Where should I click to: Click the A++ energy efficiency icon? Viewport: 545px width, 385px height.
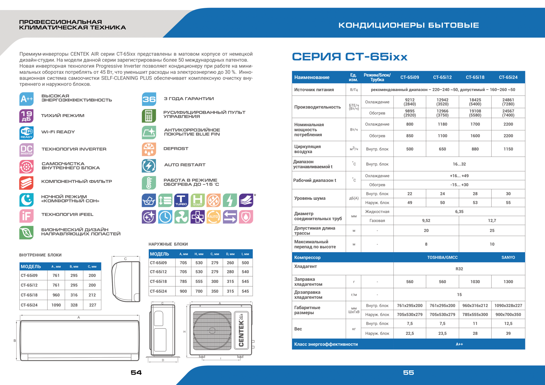click(x=26, y=99)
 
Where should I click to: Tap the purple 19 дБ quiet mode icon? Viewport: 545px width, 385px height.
click(x=26, y=116)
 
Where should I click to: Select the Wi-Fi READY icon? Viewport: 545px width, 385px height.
click(x=26, y=133)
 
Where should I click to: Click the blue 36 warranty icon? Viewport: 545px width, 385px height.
click(x=149, y=99)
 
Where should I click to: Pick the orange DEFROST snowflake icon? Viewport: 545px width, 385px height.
click(x=149, y=149)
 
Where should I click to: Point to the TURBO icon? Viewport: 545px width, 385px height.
click(x=181, y=200)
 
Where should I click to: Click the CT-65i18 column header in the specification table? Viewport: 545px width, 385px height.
click(x=475, y=77)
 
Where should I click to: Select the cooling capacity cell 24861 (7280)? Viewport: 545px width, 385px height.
click(x=508, y=102)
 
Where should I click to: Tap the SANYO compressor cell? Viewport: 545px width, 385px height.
click(x=508, y=257)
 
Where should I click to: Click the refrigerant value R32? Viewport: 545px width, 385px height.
click(x=459, y=269)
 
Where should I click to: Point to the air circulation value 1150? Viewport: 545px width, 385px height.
click(x=508, y=149)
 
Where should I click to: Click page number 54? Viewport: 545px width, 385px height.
click(x=136, y=372)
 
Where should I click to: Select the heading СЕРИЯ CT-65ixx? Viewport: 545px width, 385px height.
click(x=350, y=57)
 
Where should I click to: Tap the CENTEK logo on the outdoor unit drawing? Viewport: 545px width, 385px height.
click(x=241, y=331)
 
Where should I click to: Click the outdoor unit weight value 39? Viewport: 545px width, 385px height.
click(x=508, y=333)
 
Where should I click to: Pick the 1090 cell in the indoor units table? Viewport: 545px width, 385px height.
click(x=56, y=305)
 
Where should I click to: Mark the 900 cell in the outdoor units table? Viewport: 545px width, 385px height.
click(x=183, y=291)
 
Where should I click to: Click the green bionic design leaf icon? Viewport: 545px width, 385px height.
click(x=26, y=233)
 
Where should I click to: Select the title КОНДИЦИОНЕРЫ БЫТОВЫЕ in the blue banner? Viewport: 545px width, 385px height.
click(x=408, y=25)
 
